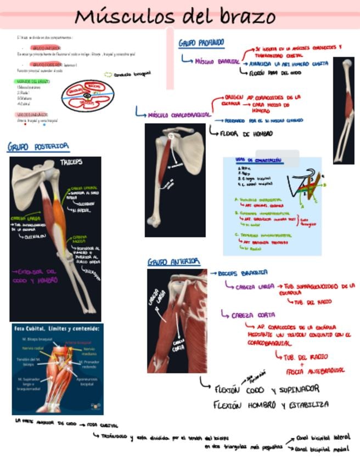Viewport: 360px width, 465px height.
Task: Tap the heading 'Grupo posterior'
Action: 38,146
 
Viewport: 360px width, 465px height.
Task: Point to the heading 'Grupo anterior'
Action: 174,262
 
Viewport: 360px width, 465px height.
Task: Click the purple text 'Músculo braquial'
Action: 217,61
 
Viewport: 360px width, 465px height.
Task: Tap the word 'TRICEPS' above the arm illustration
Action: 71,163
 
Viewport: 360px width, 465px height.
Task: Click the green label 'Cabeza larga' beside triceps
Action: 26,218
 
